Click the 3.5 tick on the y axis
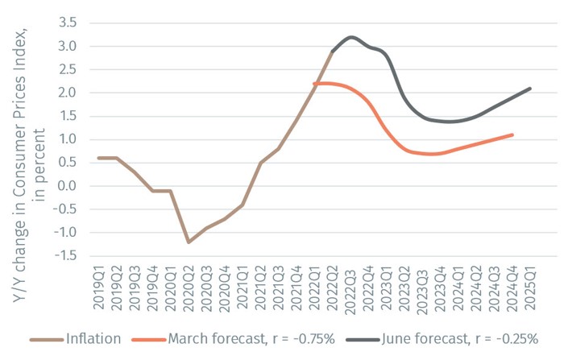(x=67, y=22)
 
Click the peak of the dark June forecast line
(x=350, y=36)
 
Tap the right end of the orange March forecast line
(x=512, y=134)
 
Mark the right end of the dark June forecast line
(x=530, y=88)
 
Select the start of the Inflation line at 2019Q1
(x=99, y=158)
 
